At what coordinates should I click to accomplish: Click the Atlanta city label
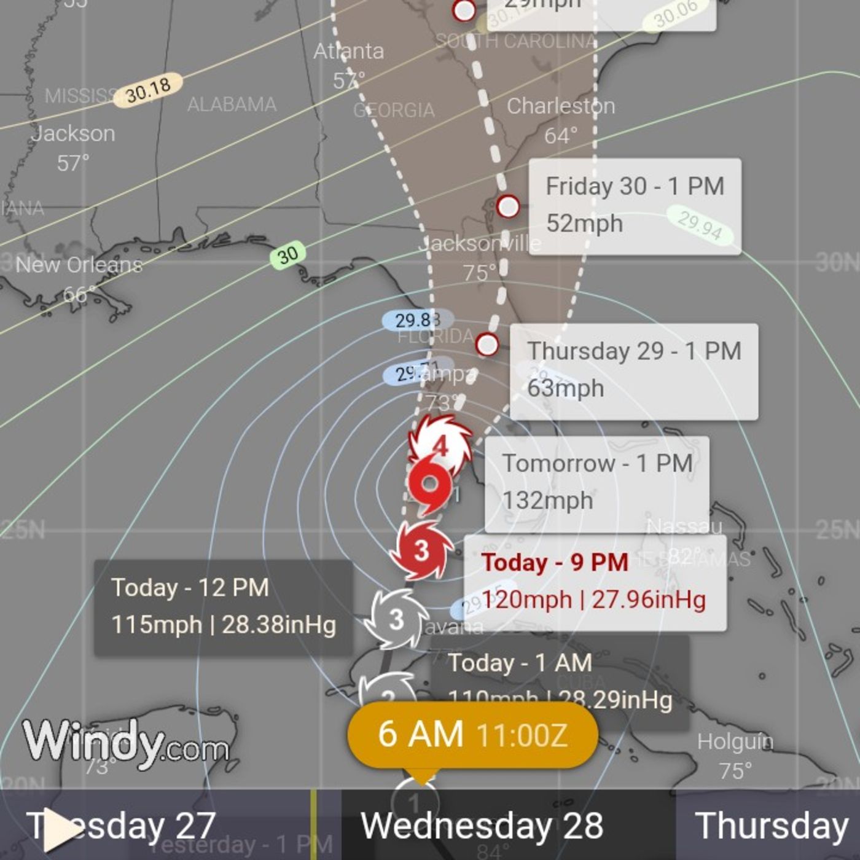(x=348, y=51)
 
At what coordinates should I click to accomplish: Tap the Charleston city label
(x=560, y=106)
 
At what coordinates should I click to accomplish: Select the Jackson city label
(x=74, y=133)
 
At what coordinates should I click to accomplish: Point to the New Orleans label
(x=79, y=265)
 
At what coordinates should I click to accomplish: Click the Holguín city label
(x=735, y=741)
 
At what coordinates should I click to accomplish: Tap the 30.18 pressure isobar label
(x=148, y=90)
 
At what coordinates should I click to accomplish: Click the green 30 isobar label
(x=287, y=254)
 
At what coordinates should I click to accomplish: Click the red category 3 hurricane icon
(x=421, y=550)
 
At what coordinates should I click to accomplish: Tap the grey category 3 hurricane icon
(x=396, y=619)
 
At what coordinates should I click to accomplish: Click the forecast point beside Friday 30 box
(x=507, y=206)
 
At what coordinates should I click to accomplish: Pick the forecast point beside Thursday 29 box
(x=487, y=344)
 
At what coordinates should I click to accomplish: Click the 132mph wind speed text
(x=547, y=501)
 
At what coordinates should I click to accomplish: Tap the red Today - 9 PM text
(x=555, y=562)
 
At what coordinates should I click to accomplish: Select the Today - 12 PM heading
(x=190, y=588)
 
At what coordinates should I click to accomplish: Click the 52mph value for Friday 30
(x=584, y=224)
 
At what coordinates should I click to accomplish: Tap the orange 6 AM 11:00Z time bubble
(x=472, y=735)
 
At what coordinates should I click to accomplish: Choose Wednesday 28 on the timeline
(x=482, y=825)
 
